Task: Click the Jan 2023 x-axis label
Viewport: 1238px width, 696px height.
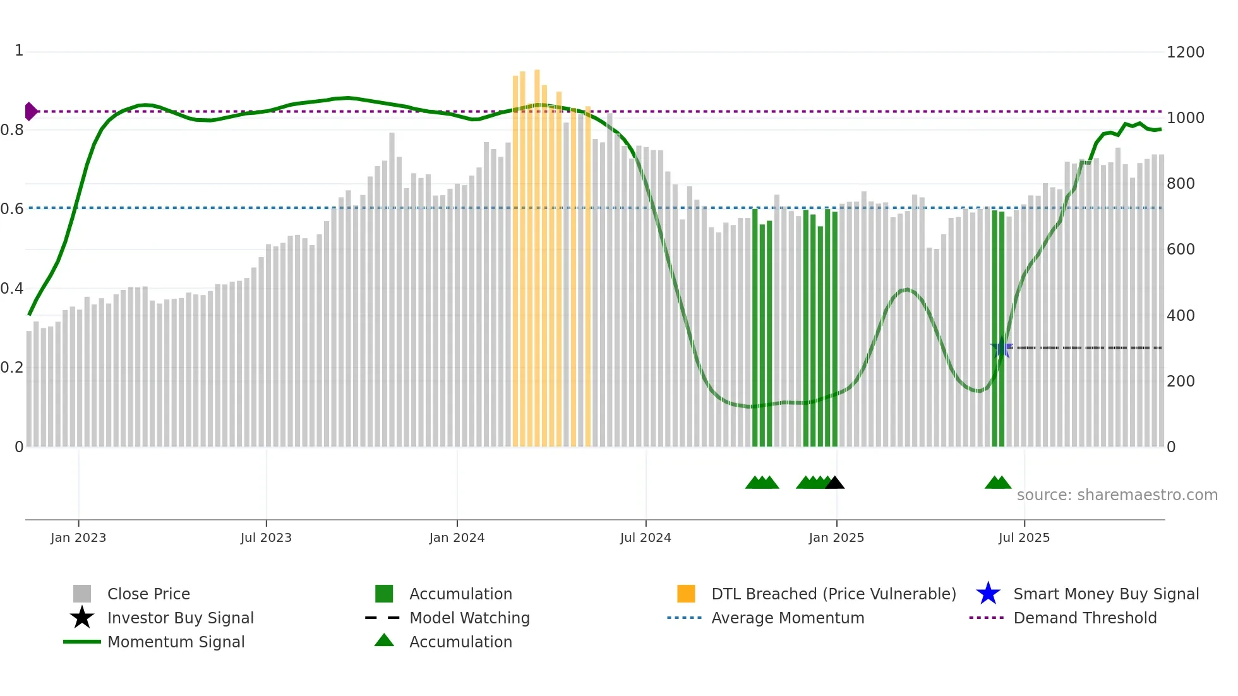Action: pos(78,537)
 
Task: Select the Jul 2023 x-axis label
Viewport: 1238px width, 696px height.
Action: pos(266,537)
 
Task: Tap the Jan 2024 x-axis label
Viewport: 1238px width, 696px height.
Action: pos(457,537)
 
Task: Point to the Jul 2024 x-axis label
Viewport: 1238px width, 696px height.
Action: pos(646,537)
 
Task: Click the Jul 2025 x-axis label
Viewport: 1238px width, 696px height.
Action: pos(1024,537)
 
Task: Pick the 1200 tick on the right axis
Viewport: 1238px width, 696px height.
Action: pos(1185,52)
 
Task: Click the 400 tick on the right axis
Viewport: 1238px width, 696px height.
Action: pos(1181,315)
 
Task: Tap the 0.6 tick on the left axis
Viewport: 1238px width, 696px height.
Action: pos(12,209)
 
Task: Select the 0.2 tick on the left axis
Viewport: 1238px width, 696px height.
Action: pos(12,368)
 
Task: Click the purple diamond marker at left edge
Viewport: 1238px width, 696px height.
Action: pos(30,111)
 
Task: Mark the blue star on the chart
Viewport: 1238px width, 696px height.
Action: pos(1001,347)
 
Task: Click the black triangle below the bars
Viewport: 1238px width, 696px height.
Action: pos(834,483)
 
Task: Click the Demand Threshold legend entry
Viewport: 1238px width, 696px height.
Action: pos(1085,618)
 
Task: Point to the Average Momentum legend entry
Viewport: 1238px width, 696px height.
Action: pos(788,618)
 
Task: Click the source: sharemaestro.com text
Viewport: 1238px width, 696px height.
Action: pos(1117,495)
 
